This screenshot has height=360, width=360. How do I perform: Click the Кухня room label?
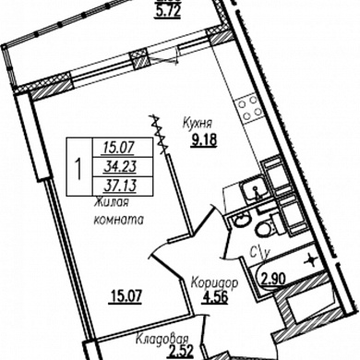coord(198,123)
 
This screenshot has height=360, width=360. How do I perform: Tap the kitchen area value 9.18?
coord(204,140)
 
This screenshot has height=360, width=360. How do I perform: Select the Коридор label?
coord(214,282)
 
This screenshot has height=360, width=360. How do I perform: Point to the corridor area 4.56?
coord(214,297)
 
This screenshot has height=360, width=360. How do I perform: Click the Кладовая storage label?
coord(162,340)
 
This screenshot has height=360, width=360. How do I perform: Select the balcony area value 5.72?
coord(167,12)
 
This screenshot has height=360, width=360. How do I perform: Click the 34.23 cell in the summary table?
coord(120,167)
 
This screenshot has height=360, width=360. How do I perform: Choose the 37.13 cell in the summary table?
coord(120,186)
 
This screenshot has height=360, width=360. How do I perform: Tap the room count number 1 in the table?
coord(79,167)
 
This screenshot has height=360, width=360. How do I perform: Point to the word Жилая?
coord(111,203)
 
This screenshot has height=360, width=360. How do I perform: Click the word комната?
coord(118,220)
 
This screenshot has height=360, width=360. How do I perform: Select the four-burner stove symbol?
coord(249,108)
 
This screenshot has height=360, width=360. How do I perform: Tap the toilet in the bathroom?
coord(267,227)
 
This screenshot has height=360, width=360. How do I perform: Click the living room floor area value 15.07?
coord(126,297)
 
